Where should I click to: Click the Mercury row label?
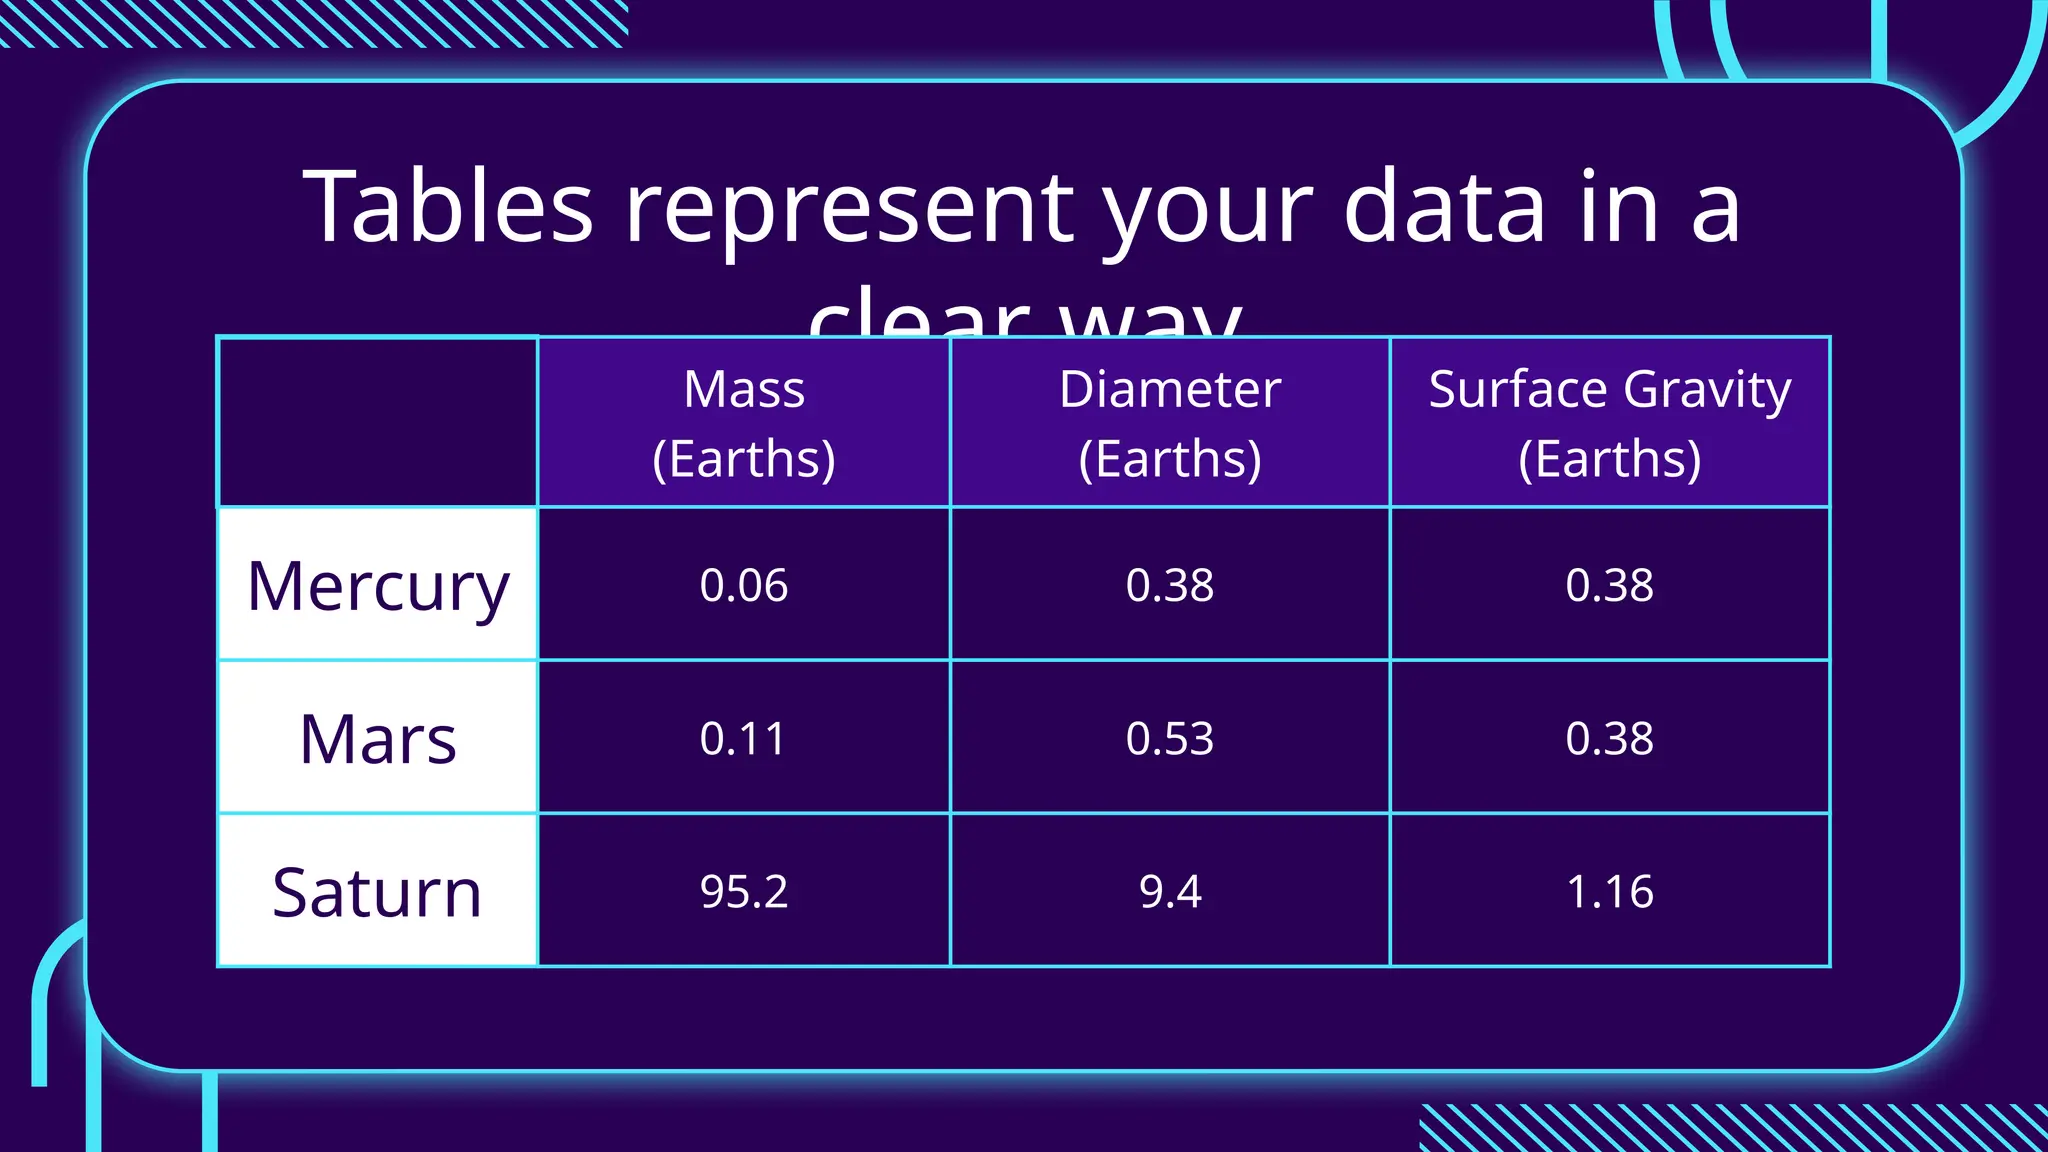378,586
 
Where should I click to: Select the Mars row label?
378,739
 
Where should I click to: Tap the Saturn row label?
378,892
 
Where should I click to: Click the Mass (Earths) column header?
744,423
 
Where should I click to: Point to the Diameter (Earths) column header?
1170,423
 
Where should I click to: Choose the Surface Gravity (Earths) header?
1609,423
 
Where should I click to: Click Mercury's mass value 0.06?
744,585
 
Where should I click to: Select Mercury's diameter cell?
1170,585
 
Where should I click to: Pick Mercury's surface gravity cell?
1609,585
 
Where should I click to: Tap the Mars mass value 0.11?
744,739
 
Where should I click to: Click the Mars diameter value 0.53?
1170,739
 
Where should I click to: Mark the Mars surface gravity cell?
1609,739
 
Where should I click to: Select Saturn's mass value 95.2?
744,891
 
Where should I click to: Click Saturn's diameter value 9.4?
1170,891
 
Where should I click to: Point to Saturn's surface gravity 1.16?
1609,891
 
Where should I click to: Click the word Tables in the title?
448,207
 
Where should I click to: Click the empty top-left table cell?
378,423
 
